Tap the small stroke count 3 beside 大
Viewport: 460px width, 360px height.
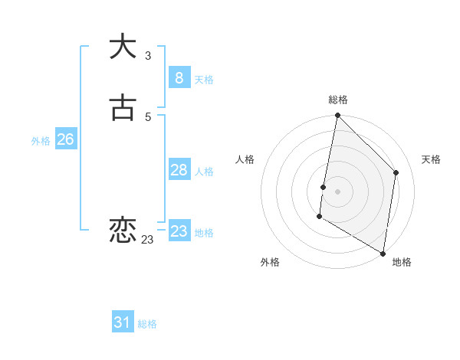point(148,56)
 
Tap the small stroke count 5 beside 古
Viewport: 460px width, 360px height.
point(148,116)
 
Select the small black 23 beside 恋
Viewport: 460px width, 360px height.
point(147,240)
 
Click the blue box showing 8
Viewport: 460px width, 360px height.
point(179,78)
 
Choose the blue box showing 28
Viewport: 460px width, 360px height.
point(179,170)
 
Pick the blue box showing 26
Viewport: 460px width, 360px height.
point(65,139)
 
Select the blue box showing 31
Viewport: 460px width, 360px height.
point(123,322)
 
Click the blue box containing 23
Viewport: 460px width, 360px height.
point(179,231)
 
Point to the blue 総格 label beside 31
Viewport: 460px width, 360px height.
point(147,324)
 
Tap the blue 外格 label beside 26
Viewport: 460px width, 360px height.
point(41,141)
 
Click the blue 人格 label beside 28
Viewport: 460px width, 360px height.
point(204,172)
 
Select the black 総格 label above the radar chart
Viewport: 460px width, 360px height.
point(338,100)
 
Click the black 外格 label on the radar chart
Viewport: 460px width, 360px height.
point(270,262)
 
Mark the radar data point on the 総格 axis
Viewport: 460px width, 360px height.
point(337,116)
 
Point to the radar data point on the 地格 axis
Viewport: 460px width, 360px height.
point(383,253)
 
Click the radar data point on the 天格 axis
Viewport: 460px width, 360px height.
point(396,172)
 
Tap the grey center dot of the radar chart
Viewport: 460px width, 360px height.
point(337,191)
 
